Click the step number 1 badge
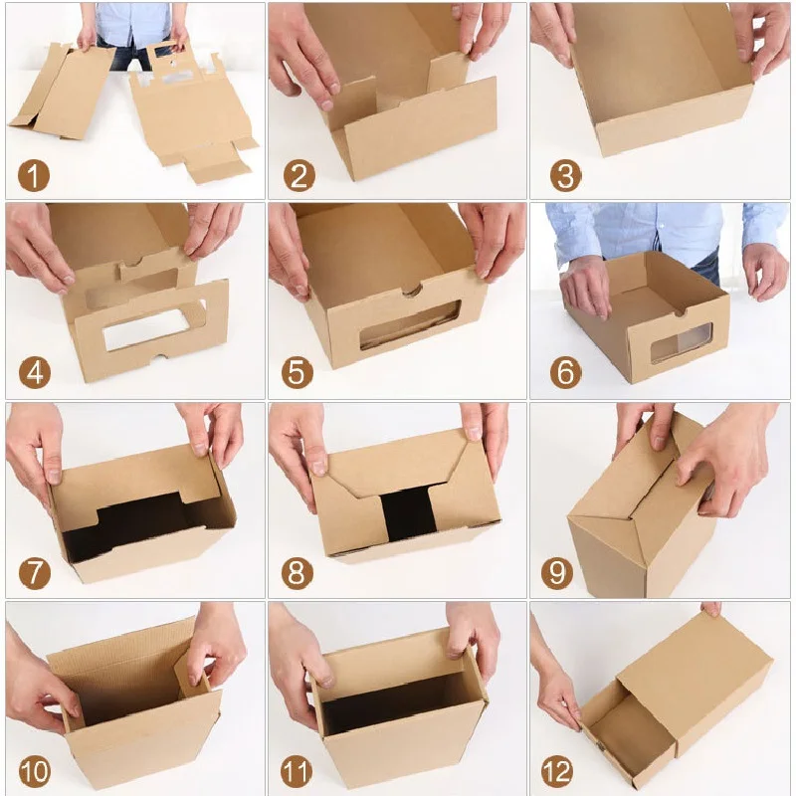pos(34,176)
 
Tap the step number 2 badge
pos(298,176)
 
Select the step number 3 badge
pos(565,176)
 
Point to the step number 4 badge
pos(35,373)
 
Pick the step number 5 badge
pos(297,373)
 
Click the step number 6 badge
pos(565,373)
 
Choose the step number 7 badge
pos(35,573)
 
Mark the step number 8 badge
pos(297,573)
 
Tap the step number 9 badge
pos(557,573)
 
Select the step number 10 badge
pos(35,771)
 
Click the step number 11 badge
pos(297,771)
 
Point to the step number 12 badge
pos(557,771)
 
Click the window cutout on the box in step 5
pos(410,324)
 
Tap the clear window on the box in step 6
pos(681,342)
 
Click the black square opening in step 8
pos(409,513)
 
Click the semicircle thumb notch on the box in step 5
pos(411,292)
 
